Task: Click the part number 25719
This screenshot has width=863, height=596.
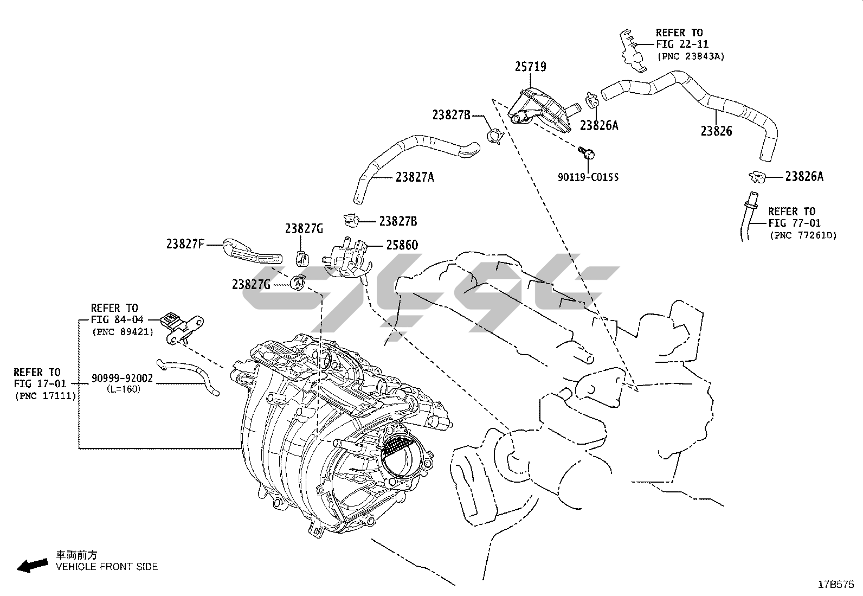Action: pos(530,67)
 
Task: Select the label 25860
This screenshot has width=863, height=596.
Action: pos(402,245)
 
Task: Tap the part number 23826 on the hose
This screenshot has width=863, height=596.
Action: pos(716,131)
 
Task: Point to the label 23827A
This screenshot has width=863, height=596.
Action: pos(415,177)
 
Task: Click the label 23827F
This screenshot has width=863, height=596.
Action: pos(185,245)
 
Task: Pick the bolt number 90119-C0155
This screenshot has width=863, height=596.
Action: pos(588,177)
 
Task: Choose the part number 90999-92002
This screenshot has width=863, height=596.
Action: pos(122,379)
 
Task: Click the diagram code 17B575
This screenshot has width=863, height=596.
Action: pos(836,585)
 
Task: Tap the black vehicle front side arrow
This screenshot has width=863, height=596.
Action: pos(31,565)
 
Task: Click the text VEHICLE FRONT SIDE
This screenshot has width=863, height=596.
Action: pos(107,567)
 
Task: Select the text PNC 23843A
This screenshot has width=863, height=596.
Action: pos(690,56)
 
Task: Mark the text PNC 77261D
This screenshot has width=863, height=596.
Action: pos(802,235)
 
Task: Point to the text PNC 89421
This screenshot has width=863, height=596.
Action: pos(123,332)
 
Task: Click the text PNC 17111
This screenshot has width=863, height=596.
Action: pos(45,396)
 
